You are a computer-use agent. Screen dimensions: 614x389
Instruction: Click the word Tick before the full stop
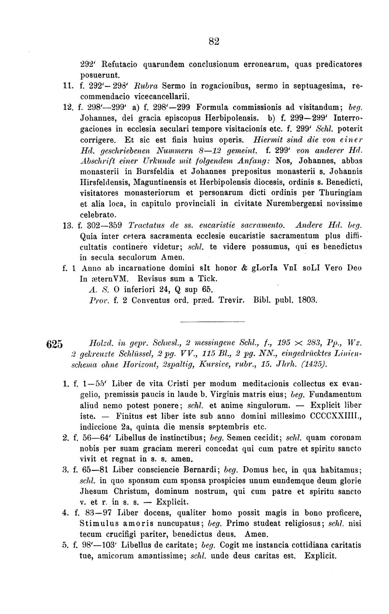pyautogui.click(x=209, y=279)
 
